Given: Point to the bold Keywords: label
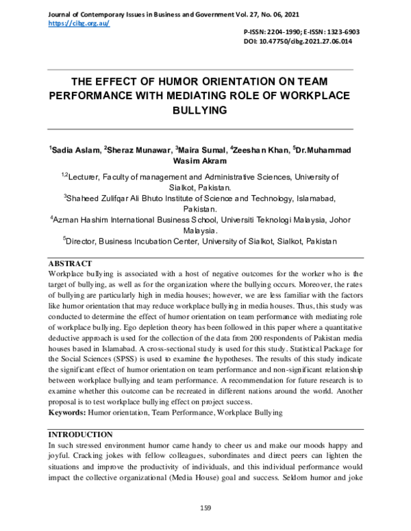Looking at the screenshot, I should point(66,413).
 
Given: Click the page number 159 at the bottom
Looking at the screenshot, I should point(205,507).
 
